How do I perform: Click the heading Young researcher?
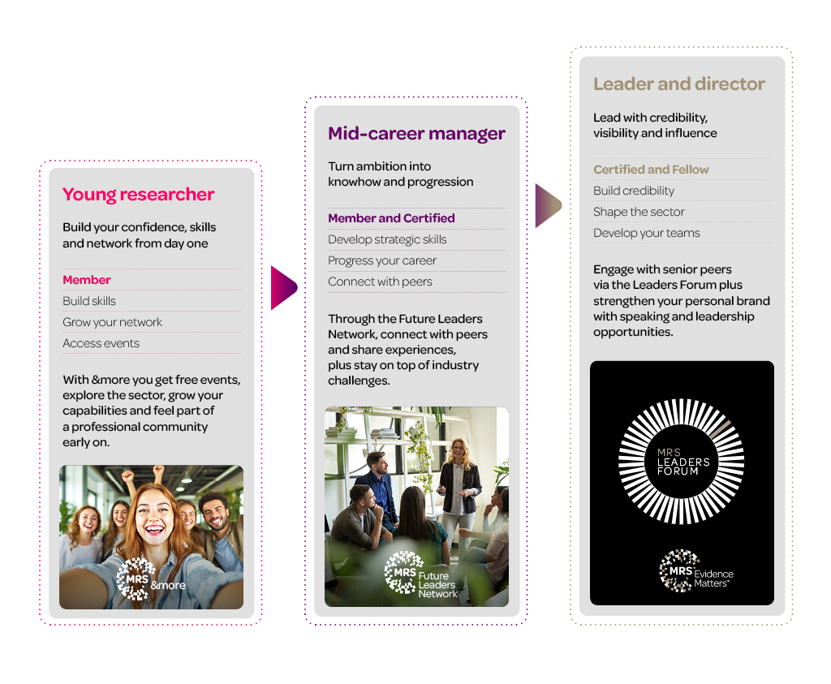click(x=138, y=195)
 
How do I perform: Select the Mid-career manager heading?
click(x=416, y=134)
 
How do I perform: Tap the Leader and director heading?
click(x=679, y=84)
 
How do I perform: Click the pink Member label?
click(x=86, y=280)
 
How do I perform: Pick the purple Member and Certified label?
click(x=391, y=218)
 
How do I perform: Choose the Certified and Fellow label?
click(x=651, y=170)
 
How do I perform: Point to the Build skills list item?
click(x=89, y=301)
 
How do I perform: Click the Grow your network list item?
click(x=112, y=322)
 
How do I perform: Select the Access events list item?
click(x=101, y=343)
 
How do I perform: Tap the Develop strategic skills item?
click(x=387, y=239)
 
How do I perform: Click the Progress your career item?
click(x=381, y=260)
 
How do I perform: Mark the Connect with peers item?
click(x=380, y=282)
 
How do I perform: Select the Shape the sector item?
click(x=639, y=212)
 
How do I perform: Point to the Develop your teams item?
click(x=646, y=233)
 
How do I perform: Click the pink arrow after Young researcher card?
click(x=283, y=288)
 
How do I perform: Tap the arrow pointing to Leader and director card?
click(x=548, y=205)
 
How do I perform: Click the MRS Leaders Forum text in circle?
click(x=682, y=462)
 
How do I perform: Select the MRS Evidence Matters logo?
click(x=695, y=571)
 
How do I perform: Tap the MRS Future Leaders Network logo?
click(x=421, y=575)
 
